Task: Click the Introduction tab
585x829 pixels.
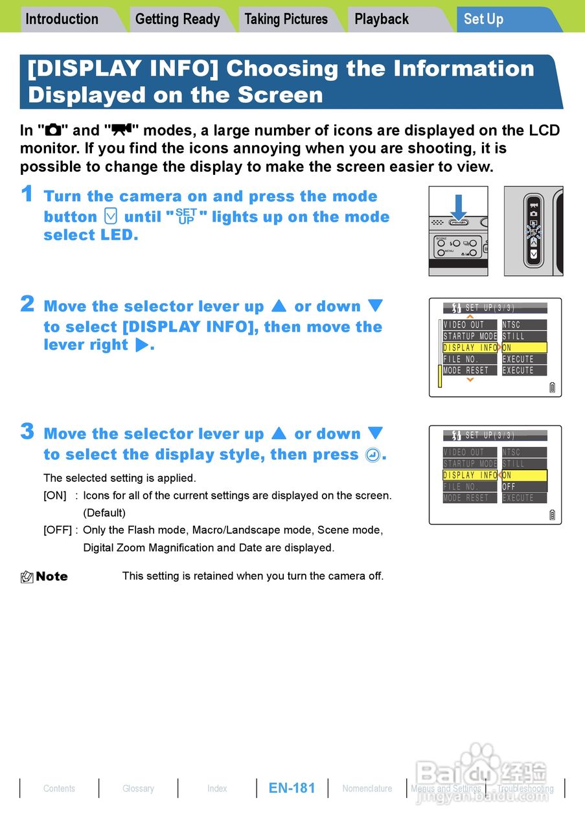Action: click(x=62, y=19)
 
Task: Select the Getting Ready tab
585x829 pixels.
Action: click(x=178, y=19)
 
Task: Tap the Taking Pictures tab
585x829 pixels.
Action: click(x=286, y=19)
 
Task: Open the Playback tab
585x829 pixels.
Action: click(x=382, y=19)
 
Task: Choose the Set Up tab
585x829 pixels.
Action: click(x=483, y=19)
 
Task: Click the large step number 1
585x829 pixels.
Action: click(x=27, y=194)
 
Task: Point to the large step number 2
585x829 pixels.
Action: click(x=27, y=304)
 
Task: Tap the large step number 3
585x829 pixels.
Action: click(x=27, y=431)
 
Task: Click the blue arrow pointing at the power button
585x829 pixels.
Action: click(x=459, y=206)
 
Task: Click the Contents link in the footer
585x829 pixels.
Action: click(x=59, y=788)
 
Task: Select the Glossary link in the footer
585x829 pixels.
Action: click(x=138, y=788)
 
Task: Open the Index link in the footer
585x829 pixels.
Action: click(x=217, y=788)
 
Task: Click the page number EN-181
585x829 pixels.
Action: click(x=292, y=788)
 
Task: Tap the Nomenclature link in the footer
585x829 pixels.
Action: click(x=367, y=788)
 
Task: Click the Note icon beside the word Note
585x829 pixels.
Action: click(x=27, y=576)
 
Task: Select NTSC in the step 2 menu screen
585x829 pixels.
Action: click(x=512, y=324)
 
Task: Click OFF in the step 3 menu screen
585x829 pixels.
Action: click(x=509, y=486)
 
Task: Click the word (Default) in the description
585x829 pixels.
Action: click(x=104, y=513)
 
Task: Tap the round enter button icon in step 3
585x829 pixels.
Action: click(x=373, y=455)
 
